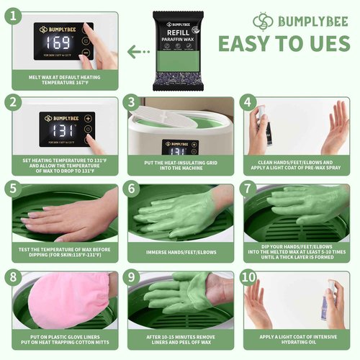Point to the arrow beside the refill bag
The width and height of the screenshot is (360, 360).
tap(134, 52)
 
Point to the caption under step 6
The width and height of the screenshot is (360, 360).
tap(178, 252)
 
